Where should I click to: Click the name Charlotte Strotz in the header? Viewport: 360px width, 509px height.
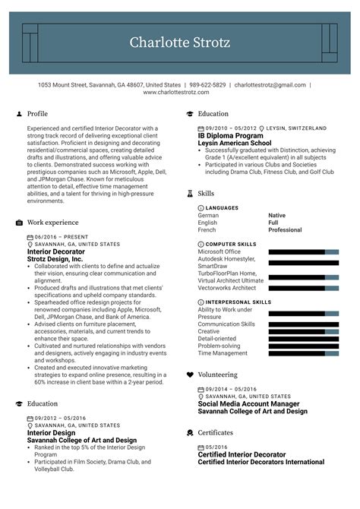click(180, 43)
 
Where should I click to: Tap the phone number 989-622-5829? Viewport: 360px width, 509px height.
click(207, 85)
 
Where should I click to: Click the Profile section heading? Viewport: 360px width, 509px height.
click(37, 114)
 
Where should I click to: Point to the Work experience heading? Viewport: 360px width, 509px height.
click(52, 223)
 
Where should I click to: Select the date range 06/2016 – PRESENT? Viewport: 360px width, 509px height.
click(56, 237)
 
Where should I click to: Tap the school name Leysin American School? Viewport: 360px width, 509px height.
click(235, 143)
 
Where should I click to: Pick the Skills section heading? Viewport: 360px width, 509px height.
click(206, 194)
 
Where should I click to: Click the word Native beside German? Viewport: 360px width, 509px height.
click(277, 215)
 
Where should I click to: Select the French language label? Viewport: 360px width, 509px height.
click(207, 229)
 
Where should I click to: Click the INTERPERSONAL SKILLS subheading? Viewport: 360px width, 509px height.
click(238, 302)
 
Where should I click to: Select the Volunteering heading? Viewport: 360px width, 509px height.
click(217, 375)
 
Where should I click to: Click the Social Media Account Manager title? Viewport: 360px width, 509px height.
click(249, 403)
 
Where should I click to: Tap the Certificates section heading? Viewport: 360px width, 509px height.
click(216, 432)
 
